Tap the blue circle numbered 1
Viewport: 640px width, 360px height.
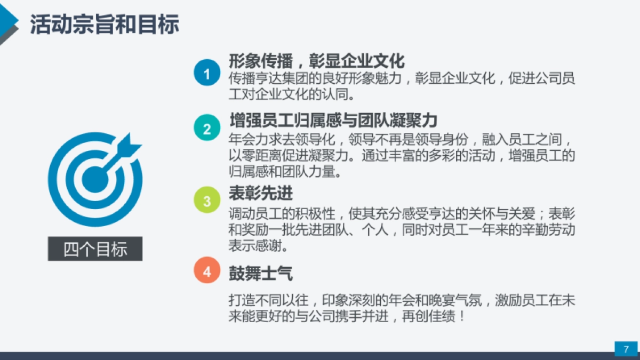(x=207, y=73)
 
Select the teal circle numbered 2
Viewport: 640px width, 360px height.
(x=207, y=129)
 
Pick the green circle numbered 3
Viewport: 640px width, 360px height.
(x=207, y=201)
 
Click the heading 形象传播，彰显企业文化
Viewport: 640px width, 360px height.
(x=317, y=61)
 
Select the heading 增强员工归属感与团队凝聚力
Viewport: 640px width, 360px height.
(x=333, y=119)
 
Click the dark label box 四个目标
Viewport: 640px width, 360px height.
(x=95, y=249)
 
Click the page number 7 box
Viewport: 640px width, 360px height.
(x=626, y=349)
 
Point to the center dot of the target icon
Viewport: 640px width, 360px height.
(x=94, y=178)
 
